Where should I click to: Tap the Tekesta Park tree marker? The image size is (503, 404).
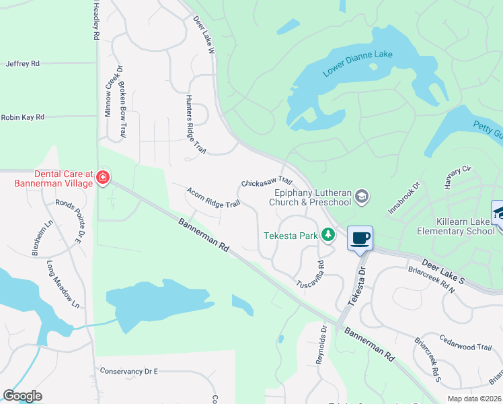point(327,235)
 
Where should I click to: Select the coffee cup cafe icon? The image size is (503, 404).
point(360,237)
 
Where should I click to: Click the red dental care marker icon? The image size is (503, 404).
point(103,178)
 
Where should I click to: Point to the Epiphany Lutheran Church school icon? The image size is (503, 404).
point(362,196)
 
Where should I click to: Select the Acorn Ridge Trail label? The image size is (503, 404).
point(213,197)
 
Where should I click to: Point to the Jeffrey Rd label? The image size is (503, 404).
point(23,63)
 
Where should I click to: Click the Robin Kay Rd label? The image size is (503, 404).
point(22,117)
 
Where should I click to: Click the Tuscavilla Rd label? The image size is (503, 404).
point(311,275)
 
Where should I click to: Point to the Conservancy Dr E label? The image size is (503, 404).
point(128,371)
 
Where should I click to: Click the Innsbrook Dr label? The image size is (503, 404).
point(403,197)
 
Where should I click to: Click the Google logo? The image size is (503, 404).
point(22,396)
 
